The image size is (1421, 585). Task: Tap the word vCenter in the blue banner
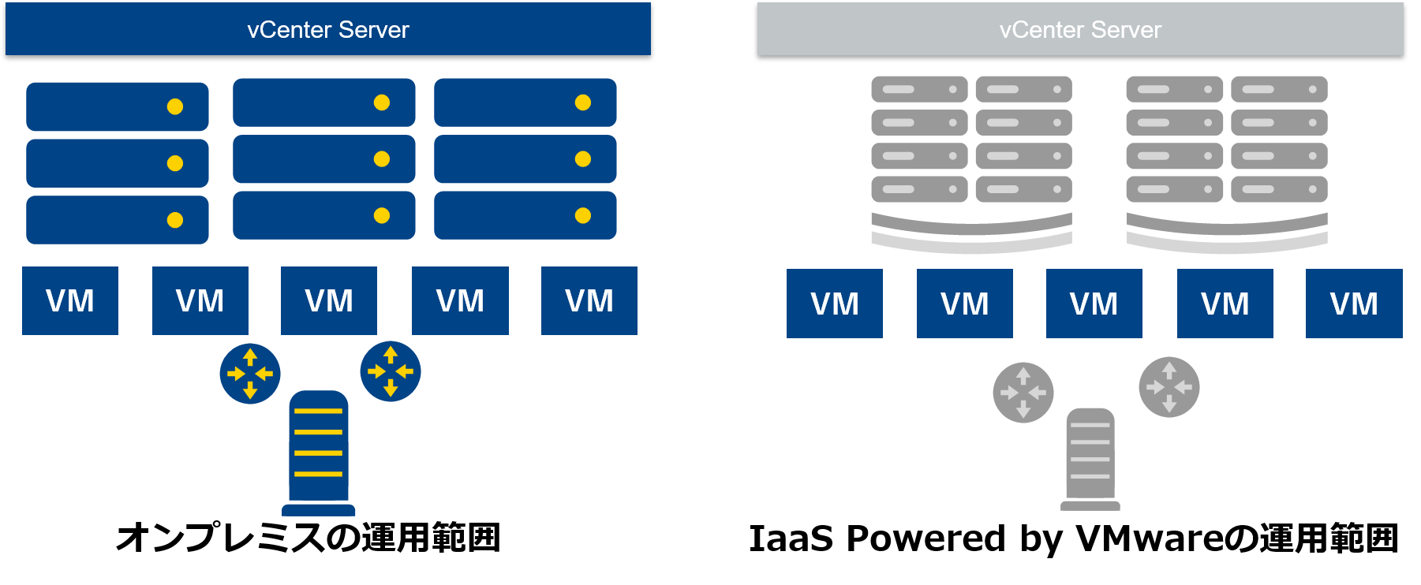289,30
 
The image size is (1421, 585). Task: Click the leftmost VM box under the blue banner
70,300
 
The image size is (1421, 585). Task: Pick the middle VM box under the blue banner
329,300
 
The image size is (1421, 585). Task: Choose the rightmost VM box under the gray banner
1354,304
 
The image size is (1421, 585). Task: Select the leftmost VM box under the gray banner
835,304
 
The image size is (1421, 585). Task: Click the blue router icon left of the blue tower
250,374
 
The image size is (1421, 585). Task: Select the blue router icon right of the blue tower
391,371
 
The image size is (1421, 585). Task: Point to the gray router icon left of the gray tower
1023,393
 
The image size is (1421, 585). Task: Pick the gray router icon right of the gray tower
1169,387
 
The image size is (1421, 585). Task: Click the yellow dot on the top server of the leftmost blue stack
175,106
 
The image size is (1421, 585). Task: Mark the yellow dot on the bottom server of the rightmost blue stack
583,215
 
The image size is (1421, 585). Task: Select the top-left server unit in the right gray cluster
1174,89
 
